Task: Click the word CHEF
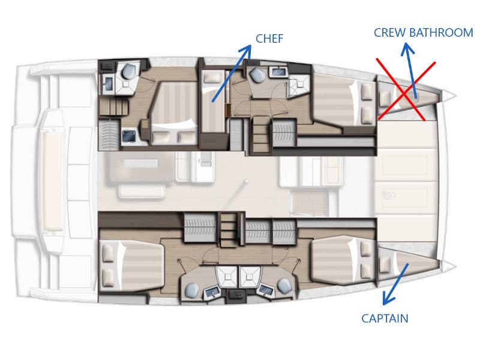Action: pos(269,39)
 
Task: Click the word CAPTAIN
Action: pos(385,319)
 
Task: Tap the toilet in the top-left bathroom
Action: pos(128,71)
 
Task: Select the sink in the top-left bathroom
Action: pos(109,83)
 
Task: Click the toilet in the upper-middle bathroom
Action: pos(258,76)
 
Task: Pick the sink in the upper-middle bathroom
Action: pos(277,73)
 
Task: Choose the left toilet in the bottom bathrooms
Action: pos(193,290)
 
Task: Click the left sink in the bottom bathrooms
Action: pos(212,293)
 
